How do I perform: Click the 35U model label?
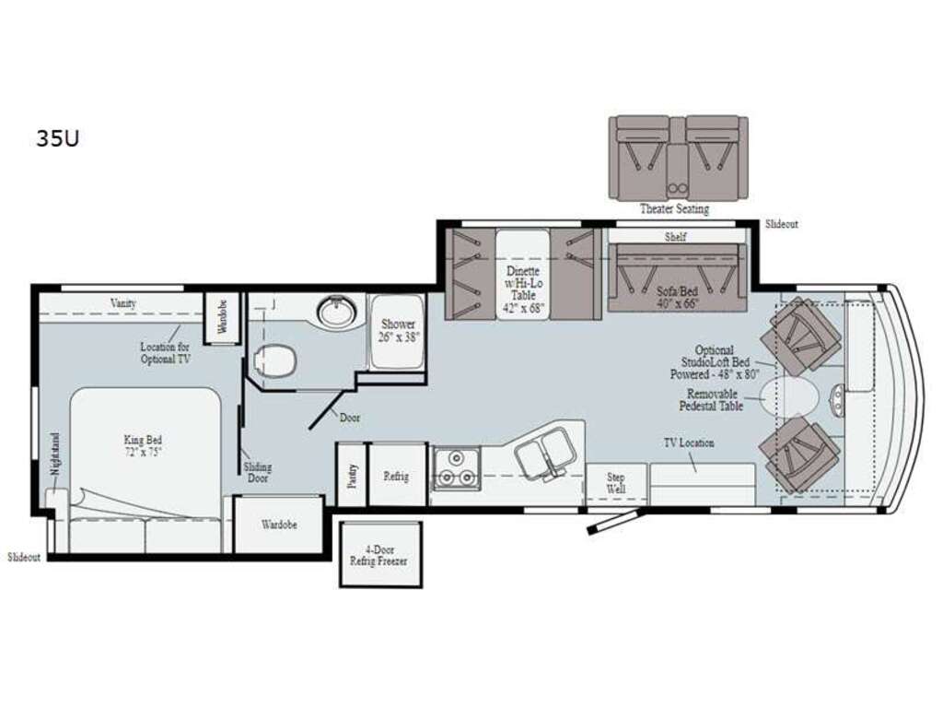coord(58,139)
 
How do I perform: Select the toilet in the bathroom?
coord(275,361)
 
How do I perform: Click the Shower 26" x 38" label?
coord(398,331)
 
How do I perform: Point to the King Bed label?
coord(143,446)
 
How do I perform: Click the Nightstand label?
coord(54,455)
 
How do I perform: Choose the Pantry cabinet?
coord(352,476)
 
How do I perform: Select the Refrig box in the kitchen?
coord(397,476)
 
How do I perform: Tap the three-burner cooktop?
coord(457,468)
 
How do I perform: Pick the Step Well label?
coord(616,483)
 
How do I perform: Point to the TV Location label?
coord(689,443)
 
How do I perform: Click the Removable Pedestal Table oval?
coord(789,396)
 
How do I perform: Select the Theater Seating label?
coord(674,209)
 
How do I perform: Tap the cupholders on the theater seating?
coord(678,188)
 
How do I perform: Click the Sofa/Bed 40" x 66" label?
coord(677,298)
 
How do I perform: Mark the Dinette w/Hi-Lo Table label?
coord(523,290)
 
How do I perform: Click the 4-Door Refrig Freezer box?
coord(380,554)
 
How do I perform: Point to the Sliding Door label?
coord(258,473)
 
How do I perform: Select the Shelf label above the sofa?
coord(675,237)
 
